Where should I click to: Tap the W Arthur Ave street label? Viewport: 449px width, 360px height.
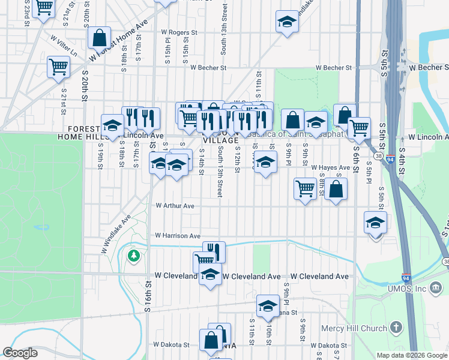pyautogui.click(x=175, y=206)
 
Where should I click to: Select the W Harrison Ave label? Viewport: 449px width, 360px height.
pyautogui.click(x=177, y=236)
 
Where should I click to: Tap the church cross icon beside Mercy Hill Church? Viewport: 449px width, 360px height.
pyautogui.click(x=396, y=327)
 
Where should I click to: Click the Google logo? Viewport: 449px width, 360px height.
pyautogui.click(x=20, y=353)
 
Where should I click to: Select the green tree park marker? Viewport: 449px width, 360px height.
pyautogui.click(x=133, y=256)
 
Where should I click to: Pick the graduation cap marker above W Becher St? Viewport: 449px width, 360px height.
pyautogui.click(x=288, y=22)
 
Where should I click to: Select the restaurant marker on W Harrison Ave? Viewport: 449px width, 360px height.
pyautogui.click(x=214, y=251)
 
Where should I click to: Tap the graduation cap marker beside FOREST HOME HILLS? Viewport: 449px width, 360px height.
pyautogui.click(x=112, y=125)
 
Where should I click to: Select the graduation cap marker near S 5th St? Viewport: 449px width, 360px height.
pyautogui.click(x=375, y=223)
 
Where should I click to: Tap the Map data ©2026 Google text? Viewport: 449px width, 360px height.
pyautogui.click(x=411, y=355)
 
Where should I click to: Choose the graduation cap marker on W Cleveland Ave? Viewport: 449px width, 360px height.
pyautogui.click(x=209, y=275)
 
